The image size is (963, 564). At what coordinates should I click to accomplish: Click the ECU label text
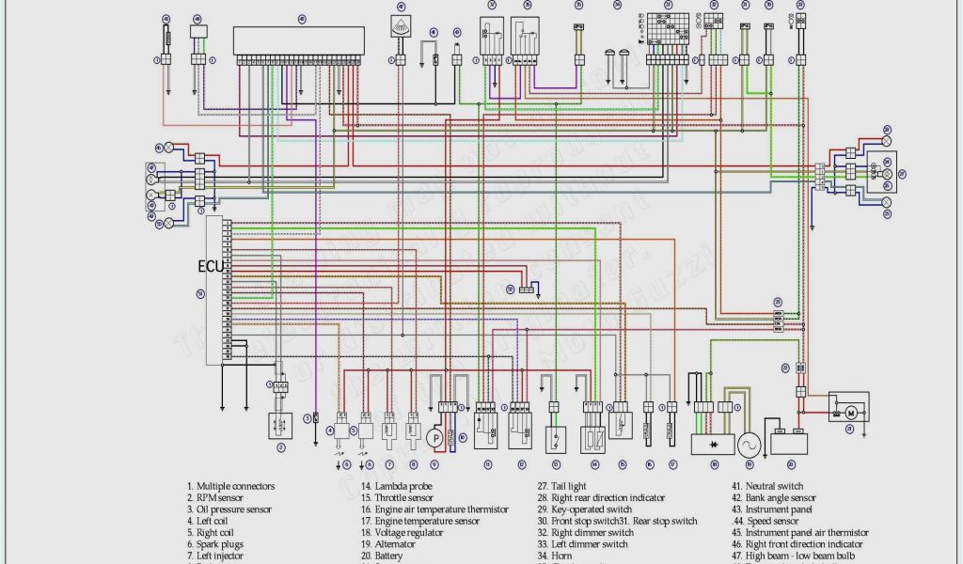click(211, 267)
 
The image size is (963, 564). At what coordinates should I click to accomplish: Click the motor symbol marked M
click(851, 413)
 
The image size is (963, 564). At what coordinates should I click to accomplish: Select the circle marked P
click(434, 437)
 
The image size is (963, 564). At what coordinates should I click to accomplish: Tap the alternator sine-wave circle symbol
click(750, 444)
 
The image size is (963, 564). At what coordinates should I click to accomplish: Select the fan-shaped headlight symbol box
click(401, 27)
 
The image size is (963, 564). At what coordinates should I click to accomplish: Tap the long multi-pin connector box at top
click(299, 40)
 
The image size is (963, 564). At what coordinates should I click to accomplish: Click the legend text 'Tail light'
click(568, 486)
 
